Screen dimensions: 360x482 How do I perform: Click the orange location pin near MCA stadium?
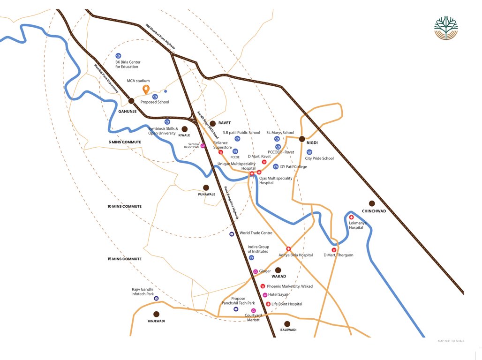point(146,89)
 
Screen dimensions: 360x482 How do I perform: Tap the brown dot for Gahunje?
point(132,100)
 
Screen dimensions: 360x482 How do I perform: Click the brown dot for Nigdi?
point(302,139)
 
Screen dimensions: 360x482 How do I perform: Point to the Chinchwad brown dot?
point(372,203)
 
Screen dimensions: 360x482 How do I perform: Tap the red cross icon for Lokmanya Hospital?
point(351,217)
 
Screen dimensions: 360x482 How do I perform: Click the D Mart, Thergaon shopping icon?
point(333,249)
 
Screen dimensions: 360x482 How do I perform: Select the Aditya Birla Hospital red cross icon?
point(288,249)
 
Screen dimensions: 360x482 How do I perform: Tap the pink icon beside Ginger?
point(256,271)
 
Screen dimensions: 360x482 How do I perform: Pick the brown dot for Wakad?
point(278,270)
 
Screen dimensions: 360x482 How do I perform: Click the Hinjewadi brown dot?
point(156,314)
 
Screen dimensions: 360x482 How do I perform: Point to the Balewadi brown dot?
point(287,323)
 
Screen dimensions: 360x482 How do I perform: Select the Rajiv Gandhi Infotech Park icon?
point(156,298)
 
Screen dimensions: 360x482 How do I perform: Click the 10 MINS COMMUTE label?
point(125,206)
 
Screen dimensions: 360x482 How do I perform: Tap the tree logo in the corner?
point(445,29)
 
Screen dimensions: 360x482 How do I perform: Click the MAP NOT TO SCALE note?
point(451,341)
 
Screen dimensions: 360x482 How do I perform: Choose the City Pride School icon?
point(309,152)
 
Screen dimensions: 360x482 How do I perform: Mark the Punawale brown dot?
point(206,187)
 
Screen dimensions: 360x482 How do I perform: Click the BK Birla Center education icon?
point(119,56)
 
